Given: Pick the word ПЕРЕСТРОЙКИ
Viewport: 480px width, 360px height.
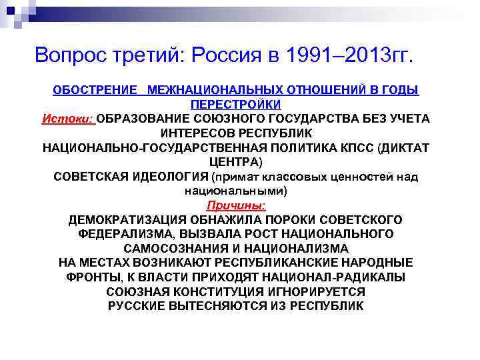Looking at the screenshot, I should click(236, 104).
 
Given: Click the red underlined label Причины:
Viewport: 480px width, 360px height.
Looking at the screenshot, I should click(236, 205).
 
